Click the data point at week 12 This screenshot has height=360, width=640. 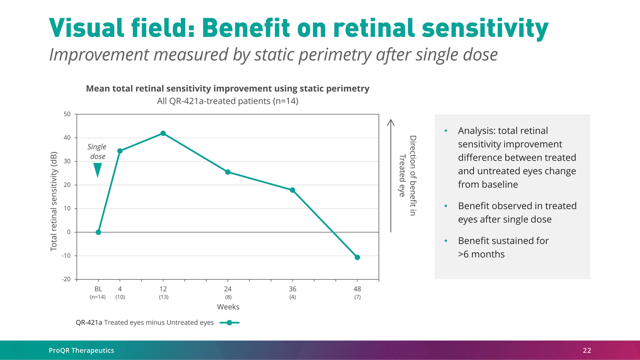click(x=163, y=133)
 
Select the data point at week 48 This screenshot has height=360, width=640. click(x=357, y=257)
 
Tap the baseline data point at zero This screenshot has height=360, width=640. click(x=98, y=232)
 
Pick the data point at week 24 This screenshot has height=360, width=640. click(x=228, y=172)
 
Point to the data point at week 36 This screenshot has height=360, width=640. click(x=293, y=190)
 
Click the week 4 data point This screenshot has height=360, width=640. click(x=120, y=151)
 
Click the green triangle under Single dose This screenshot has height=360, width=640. click(x=97, y=170)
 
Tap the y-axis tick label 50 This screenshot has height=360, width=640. click(x=67, y=114)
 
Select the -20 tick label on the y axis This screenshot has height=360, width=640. click(x=66, y=279)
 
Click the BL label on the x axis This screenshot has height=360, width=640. click(x=98, y=288)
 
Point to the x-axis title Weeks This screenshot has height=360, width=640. click(x=228, y=307)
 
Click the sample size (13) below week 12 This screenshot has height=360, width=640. click(x=163, y=297)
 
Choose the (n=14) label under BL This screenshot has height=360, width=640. click(x=98, y=297)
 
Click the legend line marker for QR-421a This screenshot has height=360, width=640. click(x=229, y=323)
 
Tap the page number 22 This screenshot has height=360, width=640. click(x=586, y=351)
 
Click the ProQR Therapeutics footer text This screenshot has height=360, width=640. click(x=81, y=351)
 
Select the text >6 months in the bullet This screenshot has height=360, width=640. click(x=481, y=254)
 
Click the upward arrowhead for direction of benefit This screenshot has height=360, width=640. click(x=391, y=122)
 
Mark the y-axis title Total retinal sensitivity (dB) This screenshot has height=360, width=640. click(x=54, y=201)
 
